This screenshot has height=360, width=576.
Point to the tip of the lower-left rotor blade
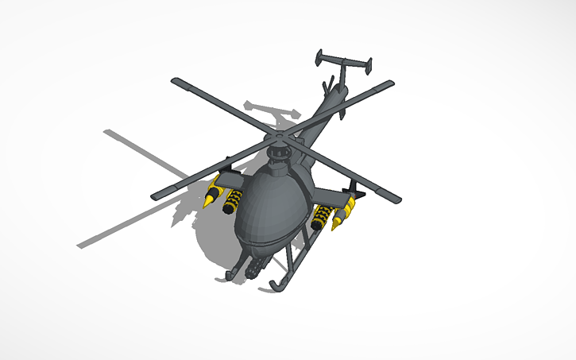click(x=157, y=194)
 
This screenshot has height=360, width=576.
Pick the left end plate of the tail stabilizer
click(x=319, y=56)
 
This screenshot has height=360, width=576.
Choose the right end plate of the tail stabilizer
click(x=370, y=64)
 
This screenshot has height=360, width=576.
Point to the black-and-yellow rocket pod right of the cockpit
click(x=323, y=217)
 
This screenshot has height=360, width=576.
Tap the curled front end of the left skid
click(x=231, y=275)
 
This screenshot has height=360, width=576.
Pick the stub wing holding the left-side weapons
click(x=227, y=176)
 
